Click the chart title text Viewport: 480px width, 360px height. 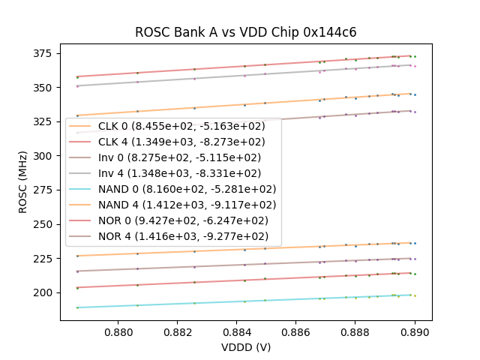point(245,32)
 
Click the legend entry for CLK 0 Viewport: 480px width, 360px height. point(179,127)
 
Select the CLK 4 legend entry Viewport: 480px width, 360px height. point(181,142)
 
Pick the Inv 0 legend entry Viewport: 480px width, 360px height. point(179,157)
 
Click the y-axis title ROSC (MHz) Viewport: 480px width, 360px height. point(23,181)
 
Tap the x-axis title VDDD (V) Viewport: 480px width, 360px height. point(245,347)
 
